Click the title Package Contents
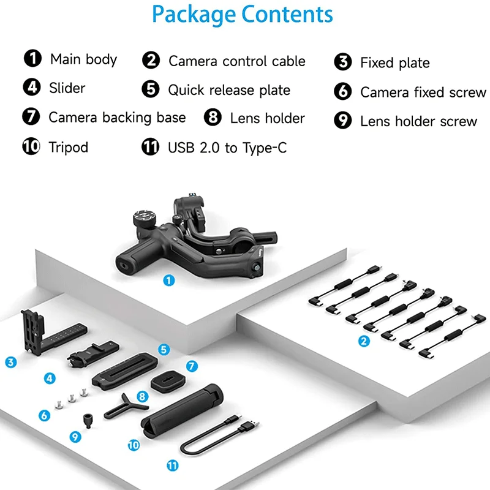243,15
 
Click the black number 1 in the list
32,59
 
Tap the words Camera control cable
236,61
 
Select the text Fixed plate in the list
394,63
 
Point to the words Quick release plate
229,90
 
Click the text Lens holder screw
418,121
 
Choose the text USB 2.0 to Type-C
227,148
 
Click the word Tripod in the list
69,148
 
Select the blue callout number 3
10,363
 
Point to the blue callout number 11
173,466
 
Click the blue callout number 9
75,437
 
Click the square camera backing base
167,382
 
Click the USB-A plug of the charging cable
249,424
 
